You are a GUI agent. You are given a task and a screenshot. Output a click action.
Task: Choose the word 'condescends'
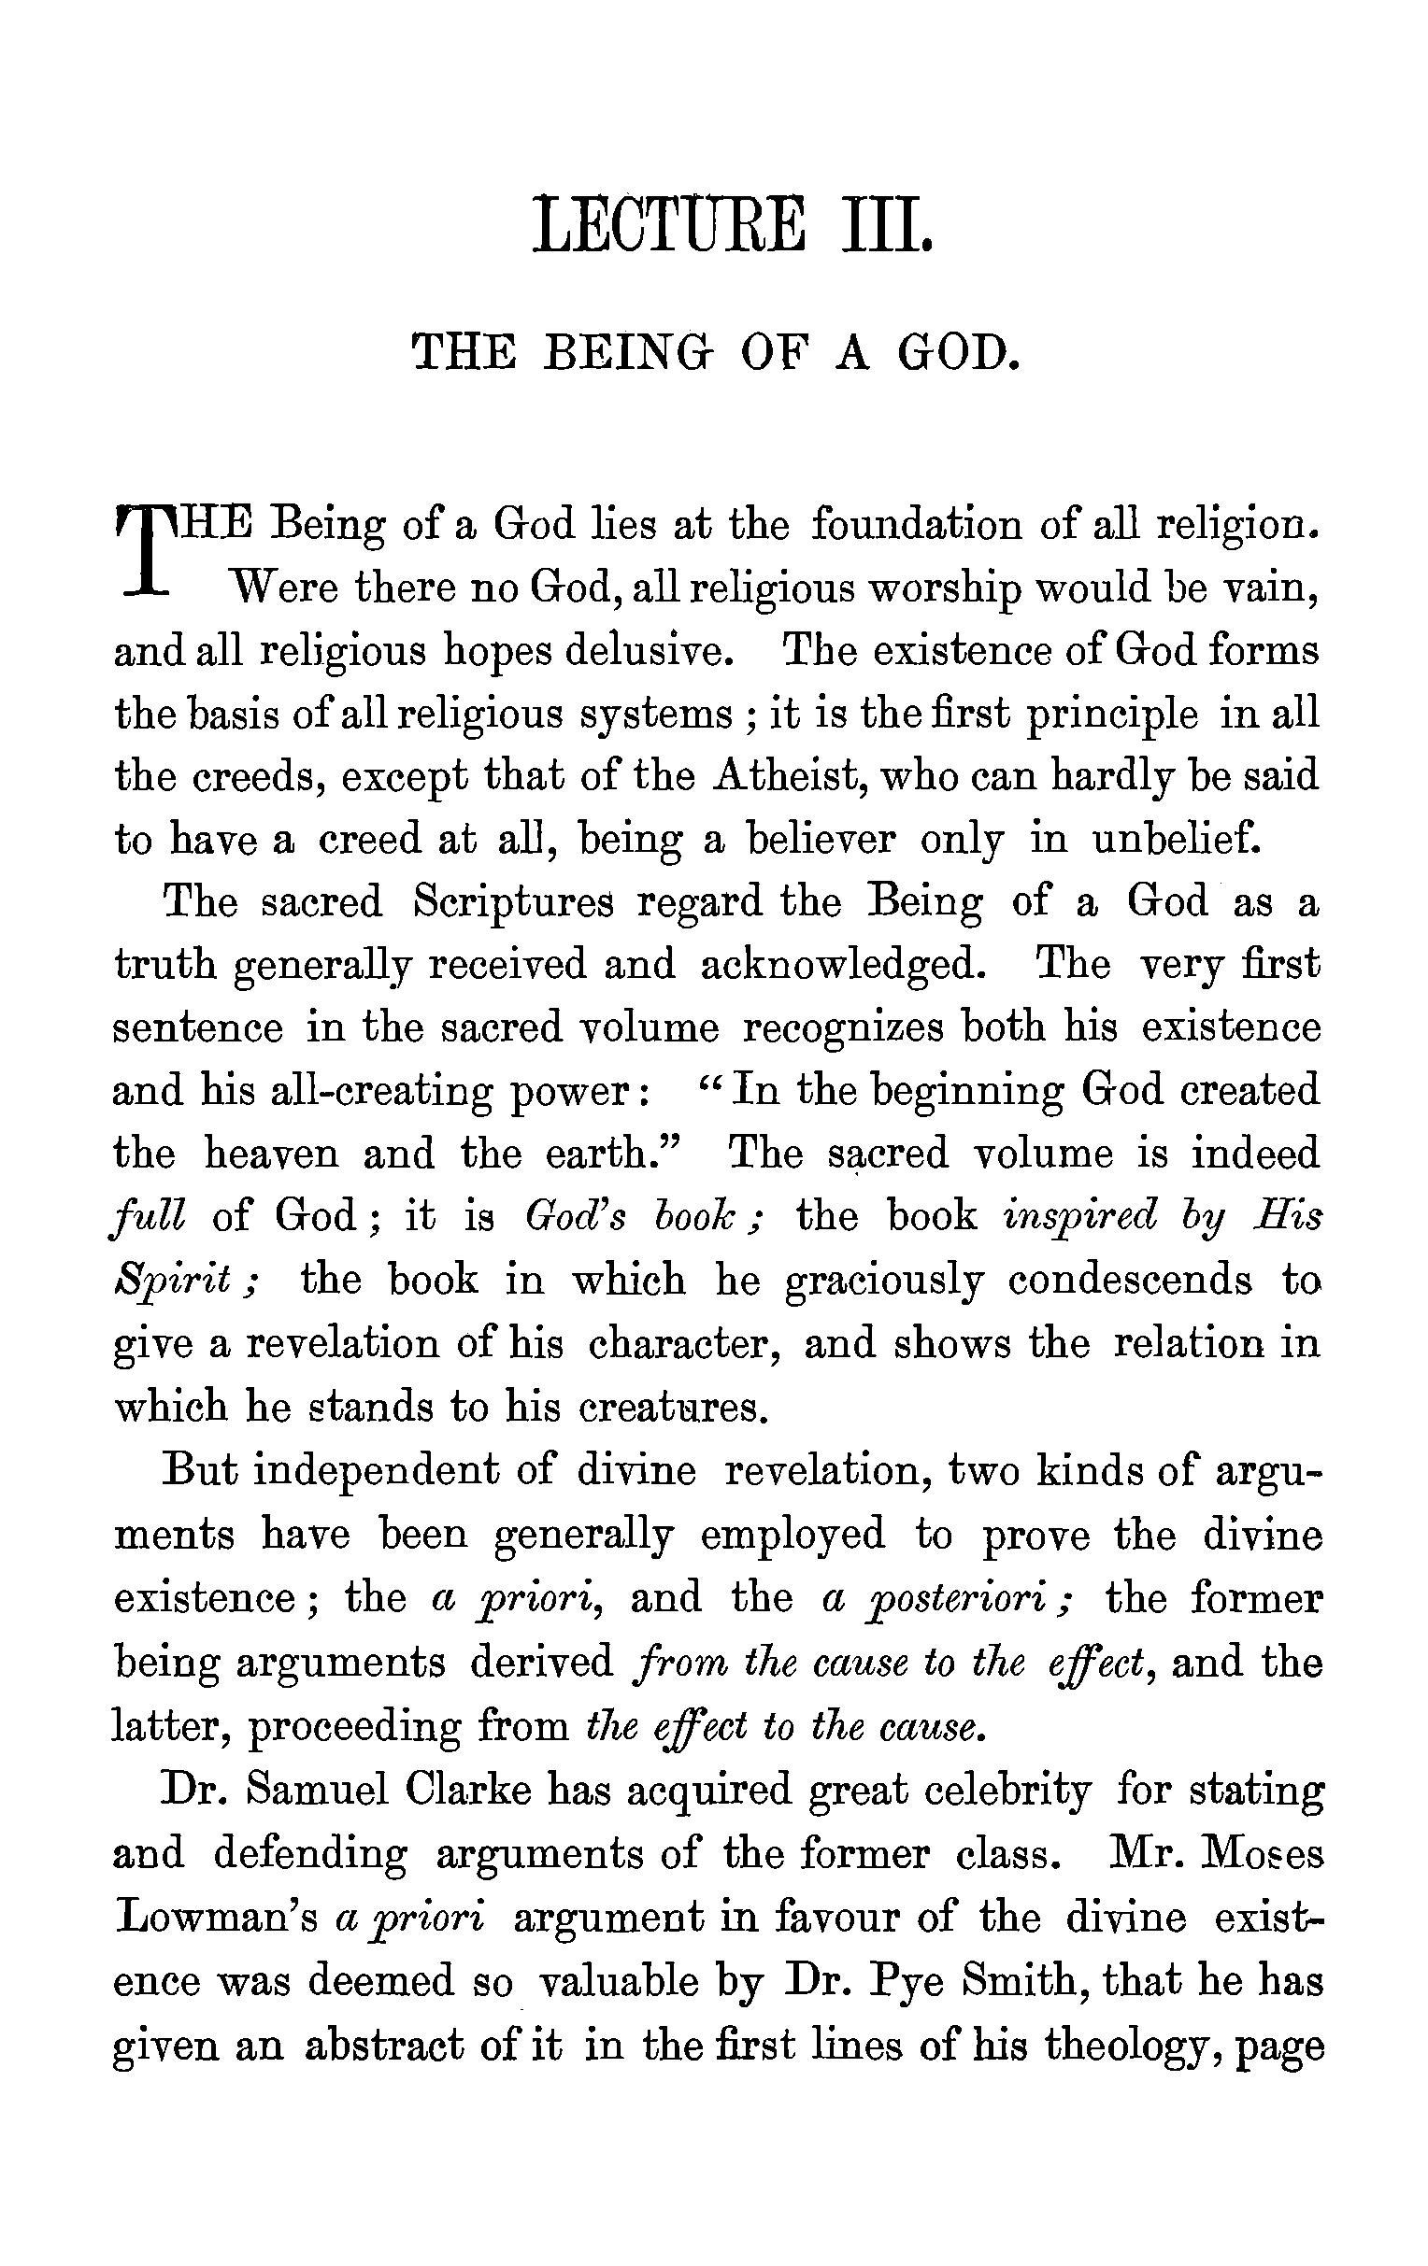click(x=1130, y=1281)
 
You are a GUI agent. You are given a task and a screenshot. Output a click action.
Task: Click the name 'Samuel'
click(x=319, y=1791)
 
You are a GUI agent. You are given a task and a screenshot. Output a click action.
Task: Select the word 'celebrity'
click(x=1008, y=1791)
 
